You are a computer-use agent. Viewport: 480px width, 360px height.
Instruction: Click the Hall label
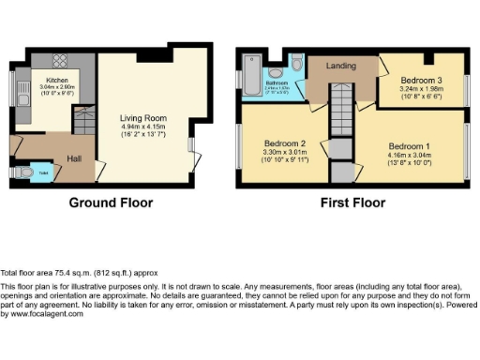click(x=73, y=159)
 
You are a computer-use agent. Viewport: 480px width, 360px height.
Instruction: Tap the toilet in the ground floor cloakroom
click(x=22, y=172)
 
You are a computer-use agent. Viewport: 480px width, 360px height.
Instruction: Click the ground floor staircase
click(x=83, y=120)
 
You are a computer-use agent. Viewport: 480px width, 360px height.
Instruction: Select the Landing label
click(x=341, y=67)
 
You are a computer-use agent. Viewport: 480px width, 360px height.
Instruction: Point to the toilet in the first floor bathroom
click(x=295, y=64)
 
